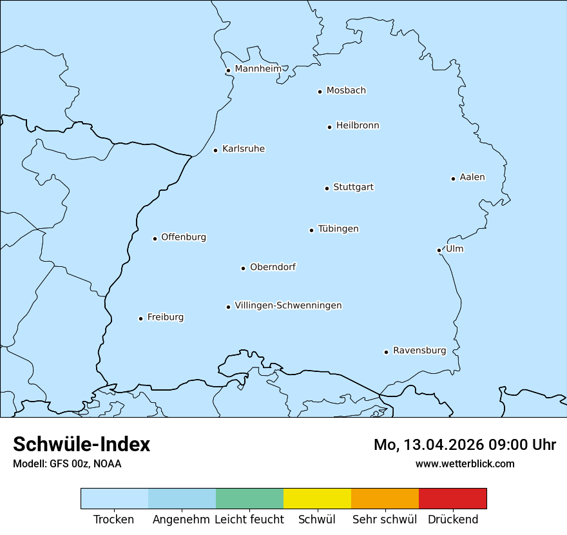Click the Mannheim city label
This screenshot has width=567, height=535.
tap(258, 68)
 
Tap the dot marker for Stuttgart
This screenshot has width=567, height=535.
tap(327, 188)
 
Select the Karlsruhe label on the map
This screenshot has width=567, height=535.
tap(244, 149)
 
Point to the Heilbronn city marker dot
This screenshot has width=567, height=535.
tap(329, 127)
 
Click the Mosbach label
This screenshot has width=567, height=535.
tap(346, 90)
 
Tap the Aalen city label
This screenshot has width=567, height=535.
tap(472, 177)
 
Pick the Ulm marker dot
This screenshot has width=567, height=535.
tap(439, 250)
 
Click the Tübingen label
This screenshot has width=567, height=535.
tap(338, 229)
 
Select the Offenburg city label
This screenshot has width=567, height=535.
tap(184, 237)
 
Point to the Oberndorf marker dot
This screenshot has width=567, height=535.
tap(243, 268)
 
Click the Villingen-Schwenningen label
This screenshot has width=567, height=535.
tap(288, 306)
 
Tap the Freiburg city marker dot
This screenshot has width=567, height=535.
tap(140, 318)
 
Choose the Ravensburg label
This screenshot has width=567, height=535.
tap(419, 351)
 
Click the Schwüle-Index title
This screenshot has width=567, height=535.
tap(82, 444)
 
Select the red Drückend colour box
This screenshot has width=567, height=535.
tap(452, 498)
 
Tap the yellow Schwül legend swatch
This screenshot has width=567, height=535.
tap(317, 498)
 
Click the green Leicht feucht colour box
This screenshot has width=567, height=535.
tap(249, 498)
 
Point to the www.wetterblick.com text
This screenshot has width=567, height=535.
tap(465, 463)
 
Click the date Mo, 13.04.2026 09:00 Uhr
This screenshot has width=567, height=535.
tap(465, 445)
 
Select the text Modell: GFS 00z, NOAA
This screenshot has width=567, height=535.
tap(67, 463)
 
